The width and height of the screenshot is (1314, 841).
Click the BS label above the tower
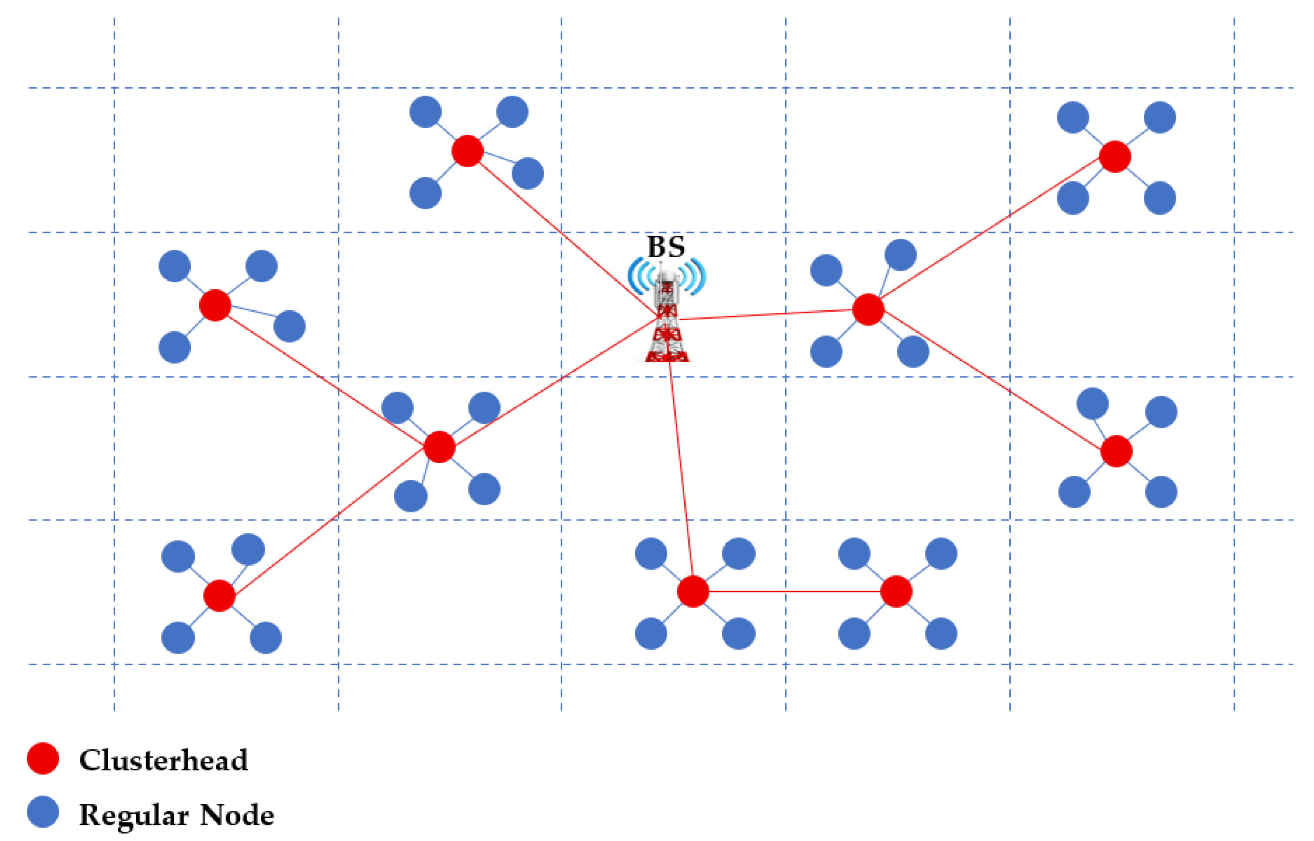(x=666, y=247)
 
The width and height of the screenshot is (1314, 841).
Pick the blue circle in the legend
(x=42, y=811)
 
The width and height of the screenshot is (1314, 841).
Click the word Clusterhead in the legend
(x=164, y=760)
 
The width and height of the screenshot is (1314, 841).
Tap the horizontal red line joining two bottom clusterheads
(x=794, y=591)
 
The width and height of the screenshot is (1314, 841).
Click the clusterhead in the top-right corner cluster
(x=1115, y=157)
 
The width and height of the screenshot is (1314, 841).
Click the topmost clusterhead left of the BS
(x=467, y=151)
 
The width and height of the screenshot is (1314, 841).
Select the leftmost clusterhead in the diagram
(x=215, y=305)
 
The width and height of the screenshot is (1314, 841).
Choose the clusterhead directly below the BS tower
(x=692, y=591)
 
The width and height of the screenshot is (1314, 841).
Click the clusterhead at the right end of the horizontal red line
(x=896, y=591)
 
